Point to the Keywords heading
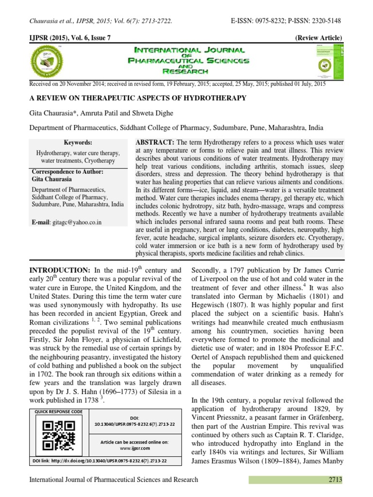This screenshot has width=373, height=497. pos(78,142)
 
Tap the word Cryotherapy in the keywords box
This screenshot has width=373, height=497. pos(100,160)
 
